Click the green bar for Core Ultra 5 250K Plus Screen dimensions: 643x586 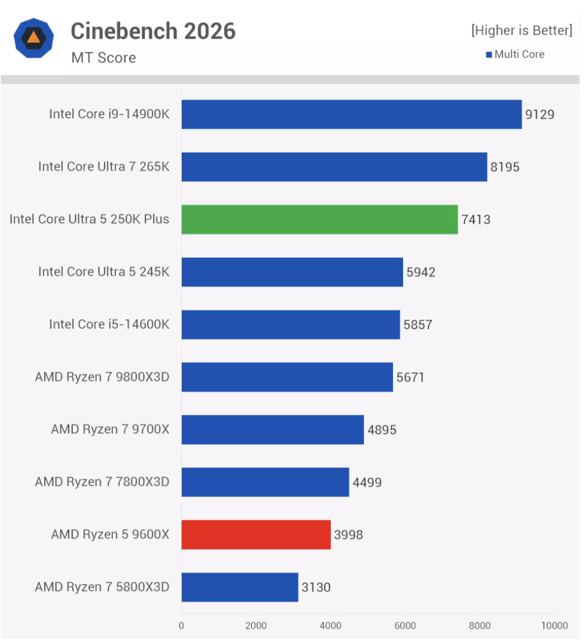(320, 219)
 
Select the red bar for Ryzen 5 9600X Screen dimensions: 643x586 (256, 535)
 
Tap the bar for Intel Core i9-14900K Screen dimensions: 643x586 (351, 114)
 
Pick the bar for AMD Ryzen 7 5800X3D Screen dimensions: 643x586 (240, 587)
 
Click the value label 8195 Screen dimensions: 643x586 (505, 167)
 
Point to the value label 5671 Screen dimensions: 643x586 (411, 377)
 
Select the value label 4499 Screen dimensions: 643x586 (367, 482)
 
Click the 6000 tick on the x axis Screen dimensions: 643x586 (405, 625)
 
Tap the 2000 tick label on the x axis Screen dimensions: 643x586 (256, 625)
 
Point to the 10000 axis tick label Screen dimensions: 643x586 (554, 625)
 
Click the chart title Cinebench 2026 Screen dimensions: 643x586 (153, 31)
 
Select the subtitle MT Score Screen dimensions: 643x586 (103, 57)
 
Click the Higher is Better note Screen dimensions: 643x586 (521, 30)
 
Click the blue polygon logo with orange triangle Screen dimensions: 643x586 (34, 37)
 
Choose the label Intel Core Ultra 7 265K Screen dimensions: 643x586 (104, 167)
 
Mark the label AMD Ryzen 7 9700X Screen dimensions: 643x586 (110, 429)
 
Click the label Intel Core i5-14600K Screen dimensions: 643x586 (109, 324)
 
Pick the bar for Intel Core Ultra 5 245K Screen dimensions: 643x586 (292, 272)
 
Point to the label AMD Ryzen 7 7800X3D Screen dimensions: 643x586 (102, 482)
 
